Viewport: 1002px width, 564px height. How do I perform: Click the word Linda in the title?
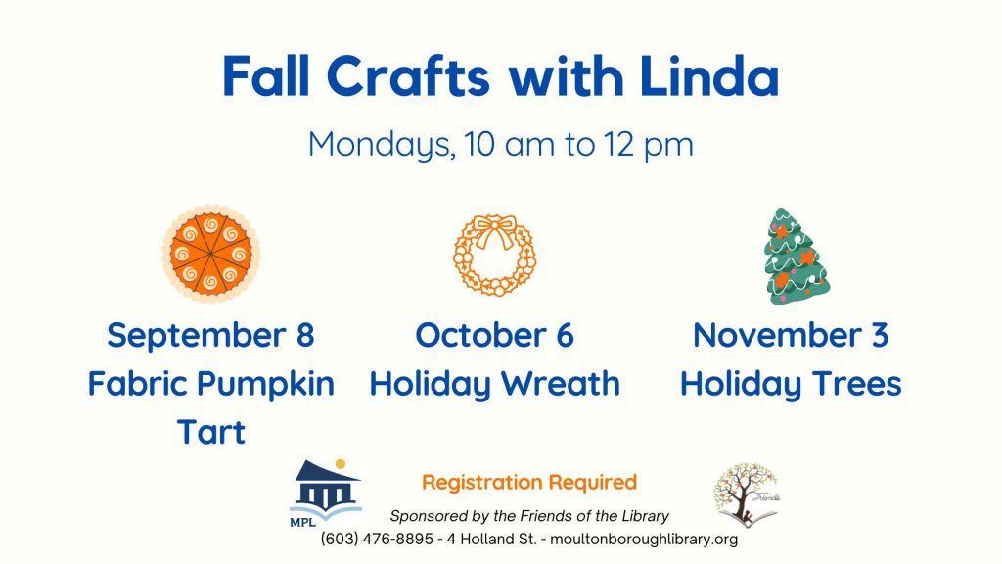click(x=708, y=76)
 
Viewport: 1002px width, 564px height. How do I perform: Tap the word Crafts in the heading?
click(x=408, y=76)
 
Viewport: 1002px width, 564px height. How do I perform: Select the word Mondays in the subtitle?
click(x=382, y=145)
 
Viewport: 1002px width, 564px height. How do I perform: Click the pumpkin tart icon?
click(x=211, y=254)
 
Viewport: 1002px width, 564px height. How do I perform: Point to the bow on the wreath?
click(x=495, y=231)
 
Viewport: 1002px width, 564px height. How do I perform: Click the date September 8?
click(x=211, y=335)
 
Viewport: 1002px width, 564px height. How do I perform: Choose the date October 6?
click(x=494, y=335)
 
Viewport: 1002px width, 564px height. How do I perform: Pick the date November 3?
click(x=791, y=335)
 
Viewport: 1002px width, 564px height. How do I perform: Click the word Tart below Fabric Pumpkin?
click(x=211, y=432)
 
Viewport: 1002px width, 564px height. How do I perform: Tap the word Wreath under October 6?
click(x=561, y=384)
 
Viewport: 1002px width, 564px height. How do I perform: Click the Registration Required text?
click(x=529, y=482)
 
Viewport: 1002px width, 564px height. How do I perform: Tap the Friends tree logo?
click(x=747, y=494)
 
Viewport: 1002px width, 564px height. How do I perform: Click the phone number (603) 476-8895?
click(x=377, y=540)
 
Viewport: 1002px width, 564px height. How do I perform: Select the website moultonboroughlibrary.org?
click(x=644, y=540)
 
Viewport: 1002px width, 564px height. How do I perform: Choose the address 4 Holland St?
click(x=492, y=540)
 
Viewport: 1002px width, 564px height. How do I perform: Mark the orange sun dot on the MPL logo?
click(x=341, y=463)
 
